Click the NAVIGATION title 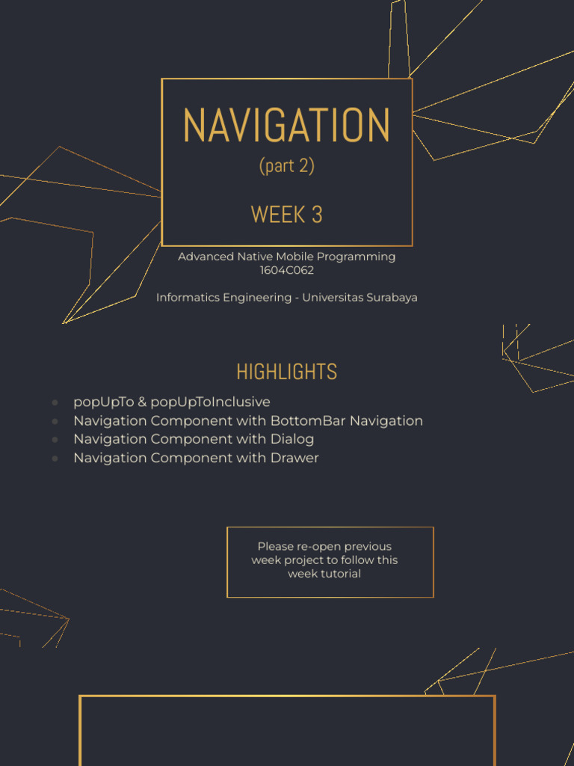[287, 126]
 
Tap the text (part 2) [287, 165]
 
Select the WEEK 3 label [287, 215]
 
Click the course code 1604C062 [287, 270]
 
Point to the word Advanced [205, 257]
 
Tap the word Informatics [186, 298]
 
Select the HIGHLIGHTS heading [287, 372]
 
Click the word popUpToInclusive [210, 402]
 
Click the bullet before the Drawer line [55, 459]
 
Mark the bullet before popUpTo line [55, 403]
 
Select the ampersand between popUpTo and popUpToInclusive [142, 402]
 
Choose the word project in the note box [304, 560]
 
